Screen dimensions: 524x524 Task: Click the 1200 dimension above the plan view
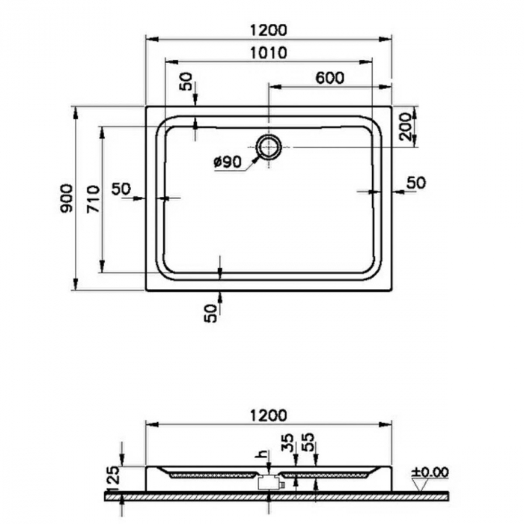[269, 31]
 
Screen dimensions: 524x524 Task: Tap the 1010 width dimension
[269, 53]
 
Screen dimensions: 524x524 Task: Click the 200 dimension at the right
[405, 125]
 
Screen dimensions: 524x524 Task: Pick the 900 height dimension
[67, 198]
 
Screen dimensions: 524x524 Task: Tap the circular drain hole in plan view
[268, 147]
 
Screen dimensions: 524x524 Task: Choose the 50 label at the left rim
[121, 189]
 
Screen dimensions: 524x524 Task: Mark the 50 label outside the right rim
[415, 182]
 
